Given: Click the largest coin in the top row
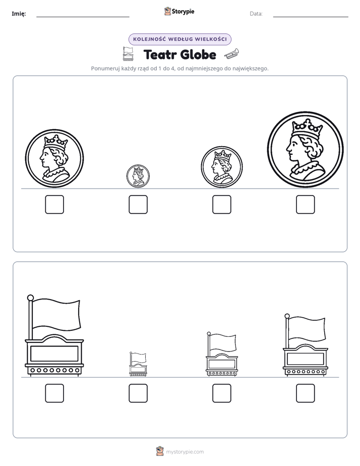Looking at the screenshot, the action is click(x=305, y=149).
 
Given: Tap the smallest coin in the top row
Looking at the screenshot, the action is click(x=138, y=176).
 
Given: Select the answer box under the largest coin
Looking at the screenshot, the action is click(x=306, y=204).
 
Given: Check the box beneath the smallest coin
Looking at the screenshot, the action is click(x=138, y=204).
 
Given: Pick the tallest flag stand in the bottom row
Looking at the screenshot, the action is click(x=54, y=335).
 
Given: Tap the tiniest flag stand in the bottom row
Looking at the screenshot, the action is click(x=138, y=364).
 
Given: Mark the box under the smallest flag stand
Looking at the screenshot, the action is click(x=138, y=393).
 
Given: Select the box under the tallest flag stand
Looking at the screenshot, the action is click(x=54, y=393).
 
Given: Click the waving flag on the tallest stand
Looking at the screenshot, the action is click(x=56, y=314).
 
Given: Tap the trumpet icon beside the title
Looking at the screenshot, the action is click(x=231, y=53).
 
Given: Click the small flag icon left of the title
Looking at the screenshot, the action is click(x=128, y=53).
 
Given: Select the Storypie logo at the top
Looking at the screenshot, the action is click(x=179, y=11).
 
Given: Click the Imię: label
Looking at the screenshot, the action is click(x=19, y=14).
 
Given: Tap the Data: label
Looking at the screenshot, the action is click(x=256, y=14).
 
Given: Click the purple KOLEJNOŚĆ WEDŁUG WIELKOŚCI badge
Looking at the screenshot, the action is click(x=179, y=39).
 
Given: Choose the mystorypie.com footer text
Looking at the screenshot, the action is click(x=185, y=452).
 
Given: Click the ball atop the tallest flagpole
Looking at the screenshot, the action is click(x=30, y=298).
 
